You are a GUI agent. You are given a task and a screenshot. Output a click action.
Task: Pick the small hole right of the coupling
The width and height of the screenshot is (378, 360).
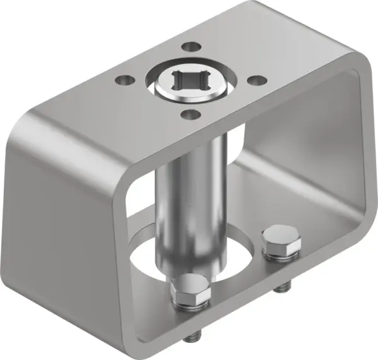click(255, 81)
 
